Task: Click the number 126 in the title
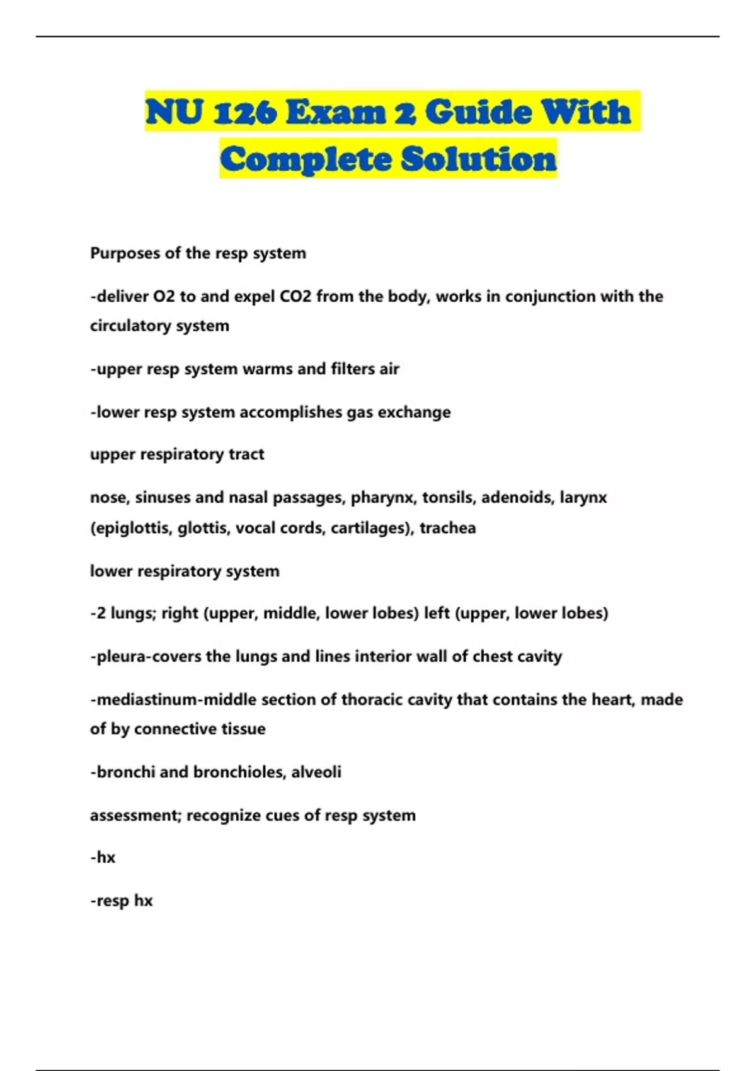point(244,113)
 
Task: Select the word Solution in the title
point(479,159)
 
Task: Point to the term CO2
point(295,296)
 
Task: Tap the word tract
point(246,454)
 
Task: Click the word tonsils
point(447,498)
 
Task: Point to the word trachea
point(447,528)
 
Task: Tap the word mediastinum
point(147,700)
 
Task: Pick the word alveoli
point(316,772)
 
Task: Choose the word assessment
point(135,815)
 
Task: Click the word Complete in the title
point(306,159)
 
